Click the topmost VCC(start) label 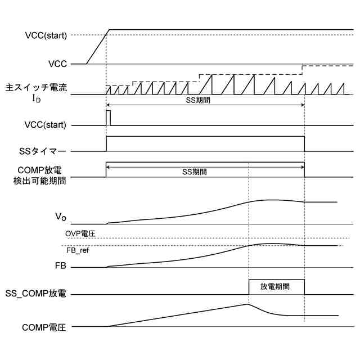pos(46,35)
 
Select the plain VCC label pos(58,64)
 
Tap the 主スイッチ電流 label pos(37,88)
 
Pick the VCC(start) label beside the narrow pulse pos(46,125)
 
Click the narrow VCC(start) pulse pos(109,118)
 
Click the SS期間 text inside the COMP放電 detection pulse pos(194,172)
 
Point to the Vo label pos(60,217)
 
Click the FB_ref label pos(78,250)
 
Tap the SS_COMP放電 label pos(36,294)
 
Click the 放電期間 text pos(275,286)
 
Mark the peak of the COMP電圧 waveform pos(247,304)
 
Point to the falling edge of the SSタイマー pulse pos(304,144)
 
